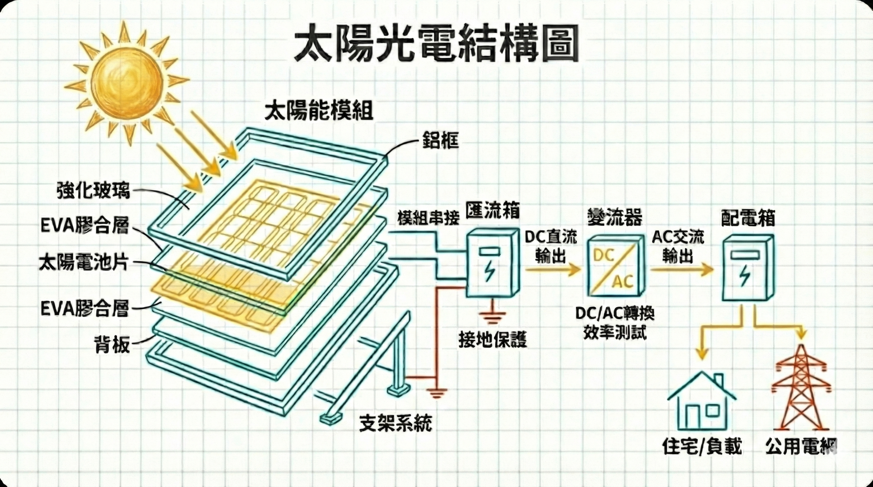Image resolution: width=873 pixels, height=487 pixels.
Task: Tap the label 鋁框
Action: click(x=440, y=140)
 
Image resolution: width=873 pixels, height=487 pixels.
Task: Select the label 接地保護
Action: click(x=492, y=339)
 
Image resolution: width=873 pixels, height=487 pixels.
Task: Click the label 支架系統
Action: click(x=396, y=422)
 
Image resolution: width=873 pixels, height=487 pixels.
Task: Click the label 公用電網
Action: click(x=801, y=446)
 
